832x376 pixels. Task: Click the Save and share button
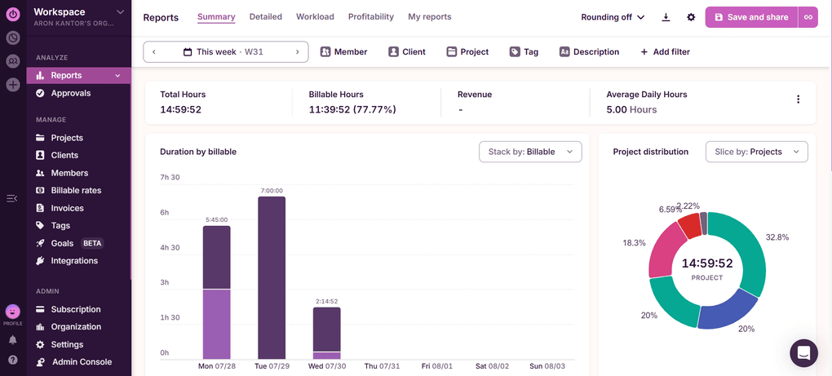pyautogui.click(x=751, y=17)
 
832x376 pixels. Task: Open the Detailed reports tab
pyautogui.click(x=265, y=17)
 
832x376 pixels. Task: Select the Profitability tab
pyautogui.click(x=370, y=17)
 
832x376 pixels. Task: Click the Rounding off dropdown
pyautogui.click(x=613, y=17)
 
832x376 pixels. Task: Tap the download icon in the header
pyautogui.click(x=666, y=17)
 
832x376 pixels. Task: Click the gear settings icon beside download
pyautogui.click(x=691, y=17)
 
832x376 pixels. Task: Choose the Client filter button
pyautogui.click(x=406, y=52)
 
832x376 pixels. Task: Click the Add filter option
pyautogui.click(x=665, y=52)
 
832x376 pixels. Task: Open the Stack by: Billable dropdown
pyautogui.click(x=530, y=152)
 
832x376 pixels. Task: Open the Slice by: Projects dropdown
pyautogui.click(x=756, y=152)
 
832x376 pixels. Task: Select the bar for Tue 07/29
pyautogui.click(x=272, y=277)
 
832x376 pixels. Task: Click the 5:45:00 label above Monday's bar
pyautogui.click(x=216, y=219)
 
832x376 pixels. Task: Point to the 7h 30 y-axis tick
pyautogui.click(x=170, y=177)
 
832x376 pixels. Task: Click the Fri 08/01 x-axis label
pyautogui.click(x=437, y=367)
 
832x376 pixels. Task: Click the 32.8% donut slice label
pyautogui.click(x=777, y=237)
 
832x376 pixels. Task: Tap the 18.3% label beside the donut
pyautogui.click(x=634, y=243)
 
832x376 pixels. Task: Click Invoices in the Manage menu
pyautogui.click(x=67, y=208)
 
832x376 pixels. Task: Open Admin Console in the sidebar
pyautogui.click(x=82, y=362)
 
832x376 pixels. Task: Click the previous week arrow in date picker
pyautogui.click(x=154, y=52)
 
